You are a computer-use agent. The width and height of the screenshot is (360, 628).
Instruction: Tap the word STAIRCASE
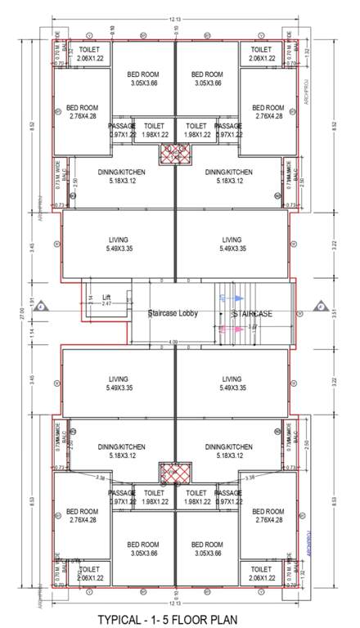[x=251, y=313]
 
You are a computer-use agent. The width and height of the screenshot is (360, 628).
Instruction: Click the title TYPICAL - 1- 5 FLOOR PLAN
[x=179, y=619]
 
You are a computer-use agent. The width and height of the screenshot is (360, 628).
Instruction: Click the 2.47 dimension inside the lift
[x=106, y=304]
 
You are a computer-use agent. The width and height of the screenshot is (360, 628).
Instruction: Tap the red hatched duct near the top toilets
[x=176, y=152]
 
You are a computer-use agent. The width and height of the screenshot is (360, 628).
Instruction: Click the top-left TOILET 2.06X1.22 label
[x=82, y=54]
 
